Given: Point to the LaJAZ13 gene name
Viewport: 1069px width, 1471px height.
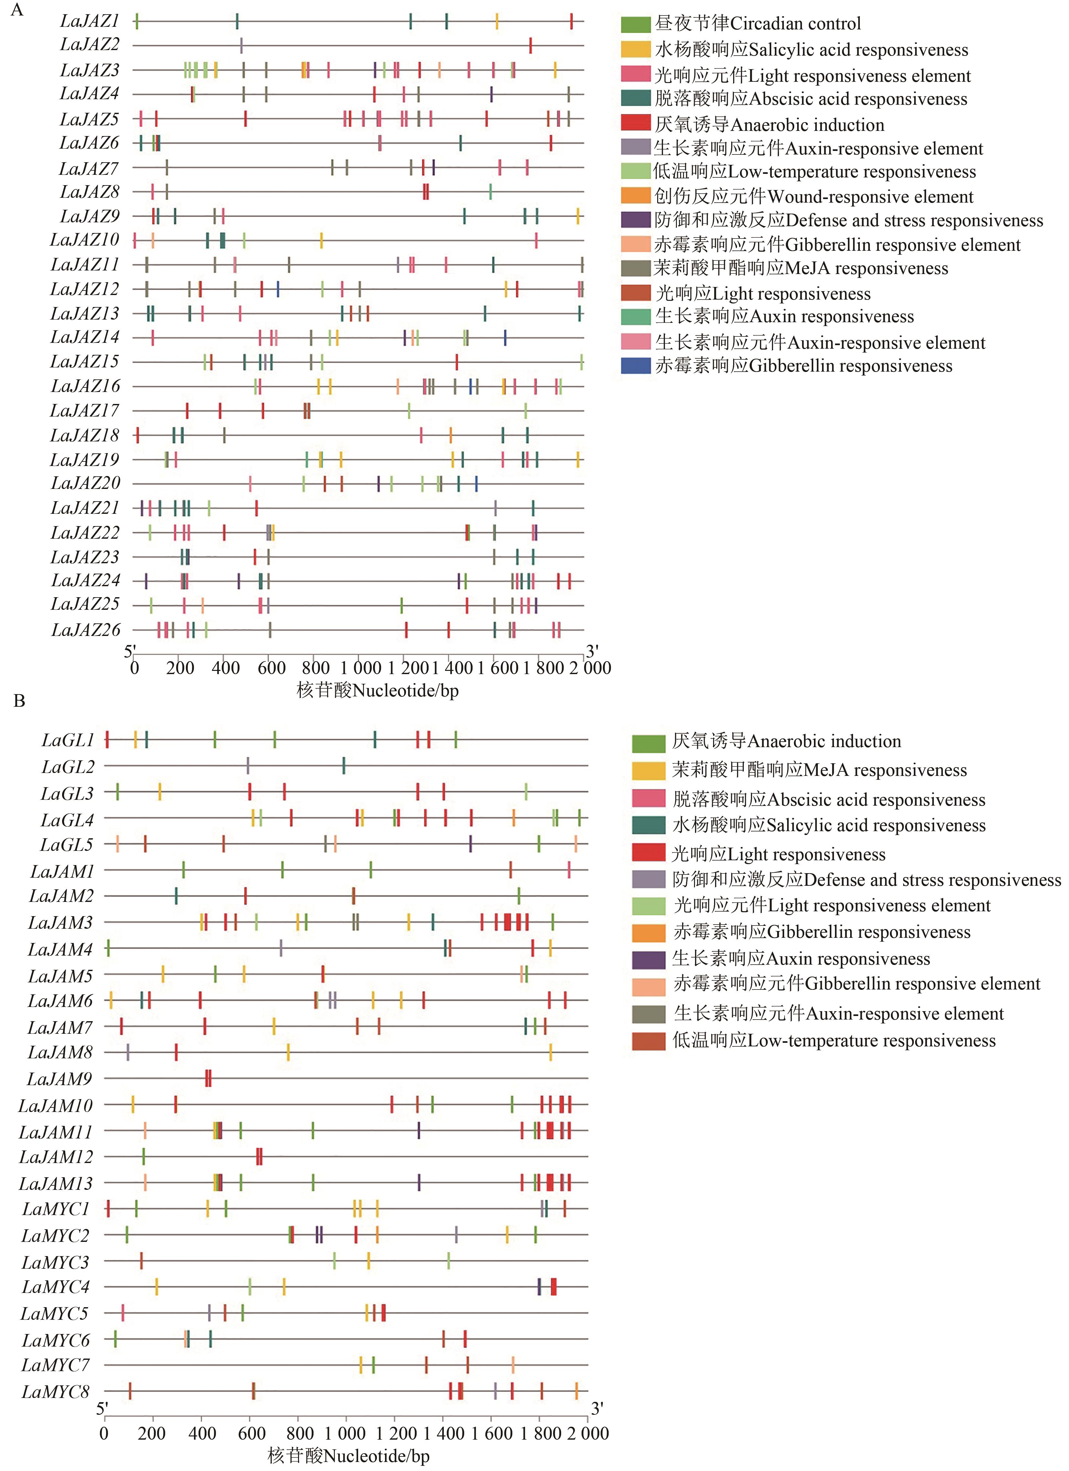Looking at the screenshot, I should [x=85, y=314].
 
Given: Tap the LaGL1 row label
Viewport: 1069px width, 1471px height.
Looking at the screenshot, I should [x=68, y=740].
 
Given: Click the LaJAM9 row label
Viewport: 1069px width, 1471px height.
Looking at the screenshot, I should [x=59, y=1079].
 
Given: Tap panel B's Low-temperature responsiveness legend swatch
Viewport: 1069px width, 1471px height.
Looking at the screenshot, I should [x=649, y=1041].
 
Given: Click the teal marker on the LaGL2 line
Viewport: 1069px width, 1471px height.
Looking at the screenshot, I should [x=344, y=766].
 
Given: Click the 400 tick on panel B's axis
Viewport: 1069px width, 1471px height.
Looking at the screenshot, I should [x=202, y=1433].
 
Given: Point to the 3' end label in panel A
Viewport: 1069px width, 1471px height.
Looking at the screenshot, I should [x=592, y=651].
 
